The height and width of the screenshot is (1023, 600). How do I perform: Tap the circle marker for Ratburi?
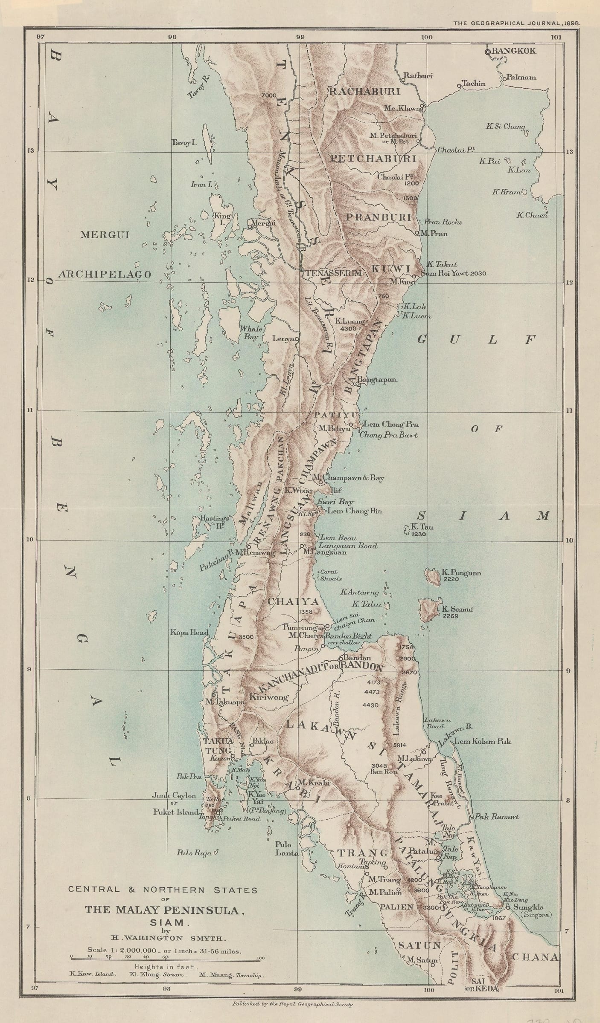[x=403, y=79]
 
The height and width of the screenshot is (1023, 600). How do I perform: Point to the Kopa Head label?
[x=189, y=633]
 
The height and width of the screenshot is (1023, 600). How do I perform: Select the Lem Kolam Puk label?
[x=482, y=741]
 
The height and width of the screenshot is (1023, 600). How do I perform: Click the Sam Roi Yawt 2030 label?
[x=453, y=273]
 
